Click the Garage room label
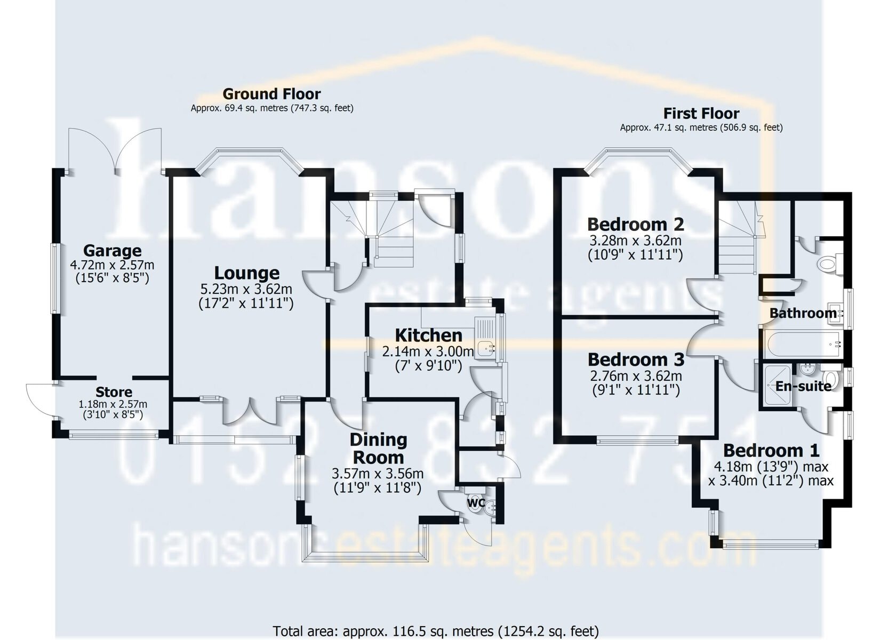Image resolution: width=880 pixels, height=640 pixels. coord(113,251)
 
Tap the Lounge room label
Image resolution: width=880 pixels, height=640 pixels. coord(247,273)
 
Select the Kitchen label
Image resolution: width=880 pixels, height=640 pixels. coord(429,335)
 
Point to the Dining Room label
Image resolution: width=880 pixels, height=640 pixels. coord(378,449)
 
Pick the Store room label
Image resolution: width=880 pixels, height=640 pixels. coord(114,392)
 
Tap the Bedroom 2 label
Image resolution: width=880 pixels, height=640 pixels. coord(636,225)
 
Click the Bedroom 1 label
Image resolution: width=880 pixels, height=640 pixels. coord(771,450)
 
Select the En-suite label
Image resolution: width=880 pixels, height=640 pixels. coord(803,386)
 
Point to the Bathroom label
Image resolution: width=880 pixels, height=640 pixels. coord(803,313)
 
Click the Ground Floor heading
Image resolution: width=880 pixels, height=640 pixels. coord(271,94)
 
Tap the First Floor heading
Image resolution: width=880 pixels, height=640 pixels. coord(701,114)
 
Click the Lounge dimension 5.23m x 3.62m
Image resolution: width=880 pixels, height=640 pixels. coord(246,289)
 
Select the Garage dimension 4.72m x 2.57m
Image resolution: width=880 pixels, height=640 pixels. coord(112,265)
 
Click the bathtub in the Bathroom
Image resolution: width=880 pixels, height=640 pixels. coord(803,344)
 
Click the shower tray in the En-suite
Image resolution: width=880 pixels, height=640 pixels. coord(777,385)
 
